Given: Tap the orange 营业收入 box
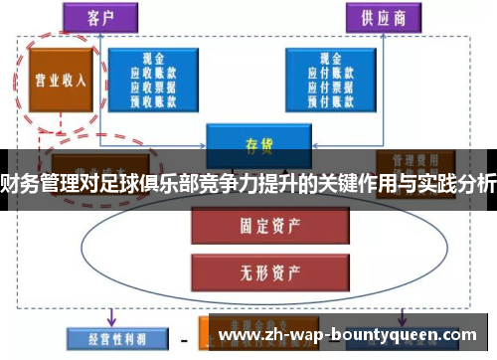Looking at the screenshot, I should coord(57,79).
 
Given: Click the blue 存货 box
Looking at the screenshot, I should coord(252,142).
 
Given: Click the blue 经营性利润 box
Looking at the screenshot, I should coord(110,339).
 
